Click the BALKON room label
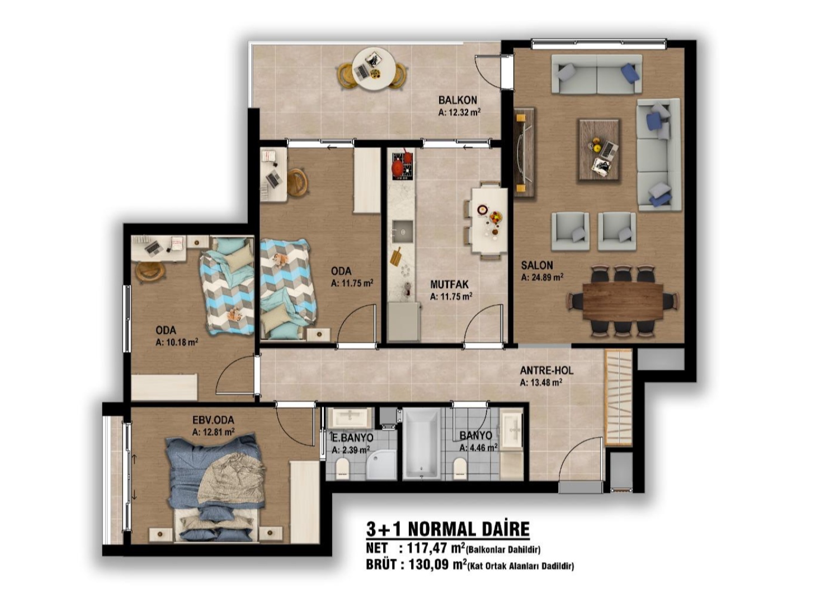tap(458, 100)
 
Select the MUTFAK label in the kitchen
tap(449, 284)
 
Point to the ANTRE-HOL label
tap(546, 370)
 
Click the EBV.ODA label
tap(213, 420)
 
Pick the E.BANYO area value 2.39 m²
tap(351, 449)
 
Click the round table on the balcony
tap(373, 70)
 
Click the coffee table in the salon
tap(598, 151)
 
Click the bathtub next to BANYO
tap(421, 445)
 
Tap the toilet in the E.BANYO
tap(342, 469)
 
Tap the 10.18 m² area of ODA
tap(177, 342)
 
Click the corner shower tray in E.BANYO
tap(381, 465)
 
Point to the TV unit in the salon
tap(524, 153)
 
